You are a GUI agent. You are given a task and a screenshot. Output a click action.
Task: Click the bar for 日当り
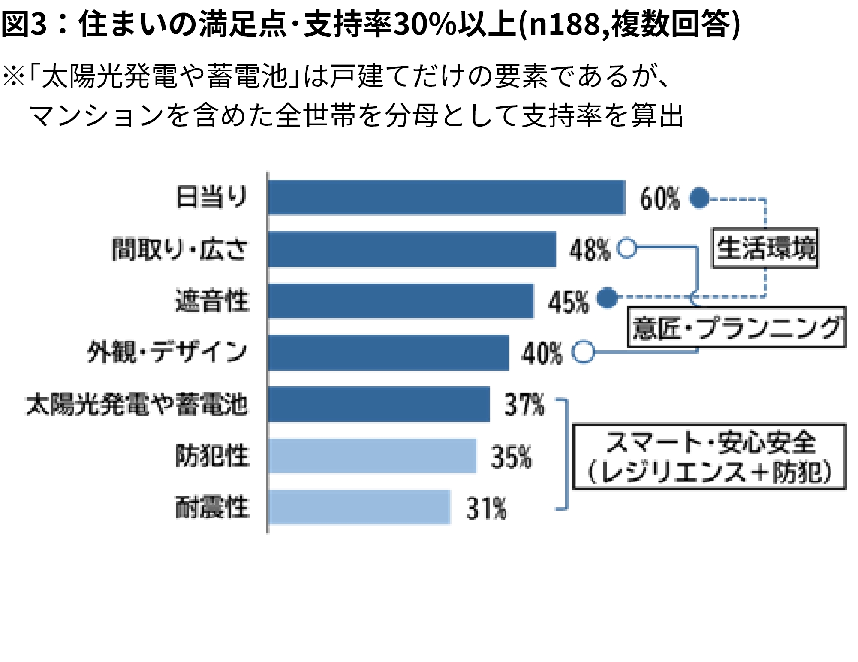[446, 197]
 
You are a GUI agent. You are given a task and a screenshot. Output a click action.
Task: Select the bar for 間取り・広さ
[412, 249]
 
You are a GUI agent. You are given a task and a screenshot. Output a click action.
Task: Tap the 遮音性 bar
[400, 301]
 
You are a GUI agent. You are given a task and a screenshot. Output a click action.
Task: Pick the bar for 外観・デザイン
[388, 353]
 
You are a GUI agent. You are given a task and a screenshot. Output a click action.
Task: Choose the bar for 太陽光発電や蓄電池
[379, 404]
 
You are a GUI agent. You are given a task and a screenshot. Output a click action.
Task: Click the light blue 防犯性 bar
[372, 456]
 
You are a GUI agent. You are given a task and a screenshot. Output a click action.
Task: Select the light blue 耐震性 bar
[359, 507]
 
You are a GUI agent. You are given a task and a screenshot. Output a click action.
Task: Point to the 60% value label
[659, 199]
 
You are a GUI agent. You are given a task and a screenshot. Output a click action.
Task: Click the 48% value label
[590, 250]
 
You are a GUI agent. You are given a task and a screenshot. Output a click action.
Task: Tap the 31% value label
[486, 508]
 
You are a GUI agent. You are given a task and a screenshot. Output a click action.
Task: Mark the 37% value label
[524, 405]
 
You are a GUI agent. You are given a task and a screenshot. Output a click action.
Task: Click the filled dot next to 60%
[699, 198]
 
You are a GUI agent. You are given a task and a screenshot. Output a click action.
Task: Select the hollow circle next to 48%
[626, 248]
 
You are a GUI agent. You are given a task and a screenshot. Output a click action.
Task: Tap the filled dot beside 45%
[607, 298]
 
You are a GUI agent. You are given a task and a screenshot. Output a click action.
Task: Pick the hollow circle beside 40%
[583, 352]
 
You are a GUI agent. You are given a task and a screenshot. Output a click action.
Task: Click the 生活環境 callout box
[765, 248]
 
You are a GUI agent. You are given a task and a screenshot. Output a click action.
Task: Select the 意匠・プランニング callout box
[736, 327]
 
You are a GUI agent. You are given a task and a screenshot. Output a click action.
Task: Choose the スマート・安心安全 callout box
[709, 456]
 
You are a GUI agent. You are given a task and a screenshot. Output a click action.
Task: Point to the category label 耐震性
[212, 507]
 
